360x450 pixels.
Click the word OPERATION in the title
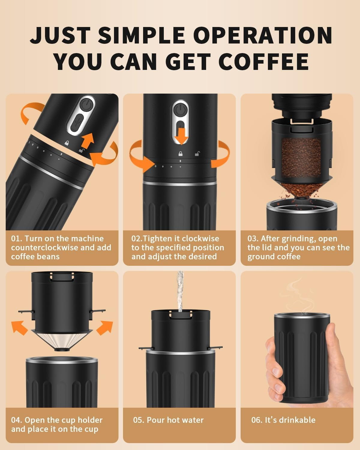pyautogui.click(x=263, y=35)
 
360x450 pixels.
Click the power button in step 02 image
pyautogui.click(x=180, y=109)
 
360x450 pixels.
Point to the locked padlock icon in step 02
pyautogui.click(x=181, y=154)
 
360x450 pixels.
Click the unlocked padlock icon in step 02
pyautogui.click(x=197, y=154)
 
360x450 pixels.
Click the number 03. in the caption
pyautogui.click(x=253, y=239)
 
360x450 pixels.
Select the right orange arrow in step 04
pyautogui.click(x=105, y=327)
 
